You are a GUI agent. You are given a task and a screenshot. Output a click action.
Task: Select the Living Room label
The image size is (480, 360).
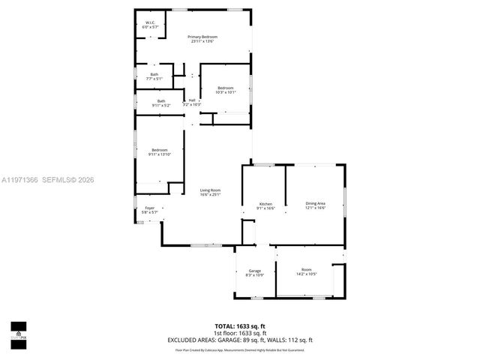coord(210,190)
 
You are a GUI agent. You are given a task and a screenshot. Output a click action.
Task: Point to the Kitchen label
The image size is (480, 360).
coord(265,205)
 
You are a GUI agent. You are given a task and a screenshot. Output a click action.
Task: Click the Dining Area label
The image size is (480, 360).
coord(315,204)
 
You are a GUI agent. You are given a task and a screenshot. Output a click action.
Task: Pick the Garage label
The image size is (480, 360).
coord(255,270)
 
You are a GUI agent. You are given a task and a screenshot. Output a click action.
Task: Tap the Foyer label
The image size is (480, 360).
coord(150,208)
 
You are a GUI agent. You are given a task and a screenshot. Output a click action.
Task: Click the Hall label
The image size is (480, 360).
coord(192,100)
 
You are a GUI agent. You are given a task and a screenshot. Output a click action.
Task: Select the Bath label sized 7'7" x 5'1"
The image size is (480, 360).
coord(154,75)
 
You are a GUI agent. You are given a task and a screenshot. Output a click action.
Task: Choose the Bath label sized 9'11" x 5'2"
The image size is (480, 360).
coord(160,101)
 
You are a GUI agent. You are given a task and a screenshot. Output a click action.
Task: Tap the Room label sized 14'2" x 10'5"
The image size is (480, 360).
coord(306,270)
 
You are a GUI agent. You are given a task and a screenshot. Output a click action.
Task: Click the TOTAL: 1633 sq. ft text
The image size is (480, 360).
coord(240,325)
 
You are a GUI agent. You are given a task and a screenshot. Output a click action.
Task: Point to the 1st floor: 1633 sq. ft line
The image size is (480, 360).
coord(240,333)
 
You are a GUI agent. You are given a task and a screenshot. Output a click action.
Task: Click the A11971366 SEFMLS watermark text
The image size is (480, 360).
coord(49,180)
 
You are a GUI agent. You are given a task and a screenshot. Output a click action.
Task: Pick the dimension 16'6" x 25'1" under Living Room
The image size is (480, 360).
coord(210,195)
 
